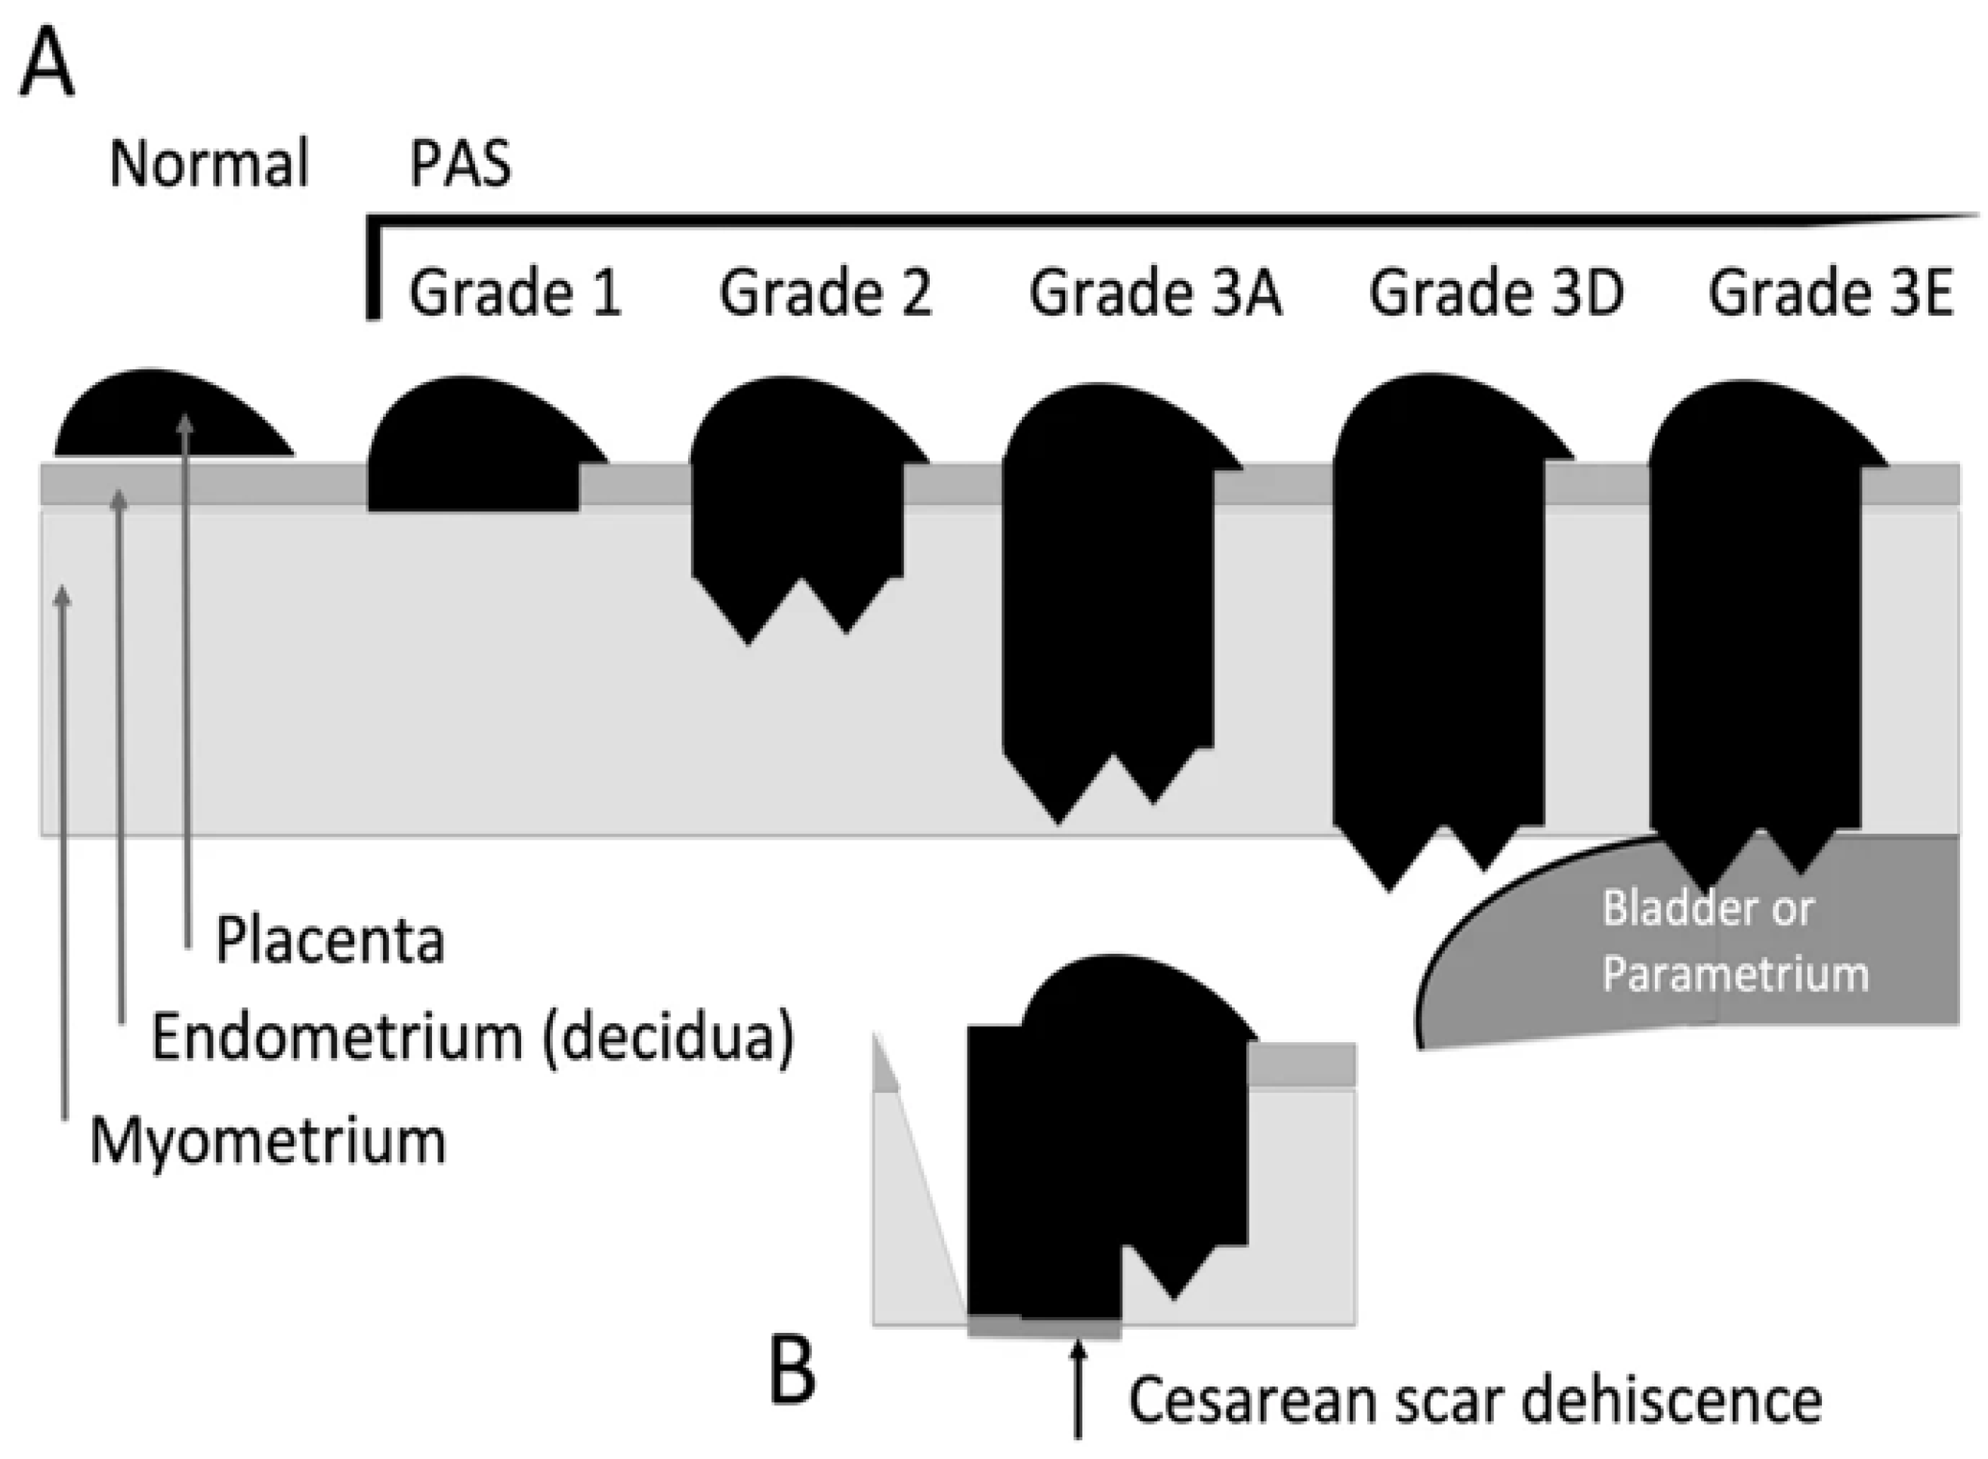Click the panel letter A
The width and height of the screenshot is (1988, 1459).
[46, 64]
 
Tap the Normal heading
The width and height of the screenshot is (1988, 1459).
[208, 165]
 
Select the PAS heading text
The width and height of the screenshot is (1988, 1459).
[460, 165]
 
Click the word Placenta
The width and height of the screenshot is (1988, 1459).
[329, 941]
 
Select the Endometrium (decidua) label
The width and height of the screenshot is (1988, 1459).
[473, 1037]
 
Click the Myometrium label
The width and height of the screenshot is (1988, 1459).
[267, 1141]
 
